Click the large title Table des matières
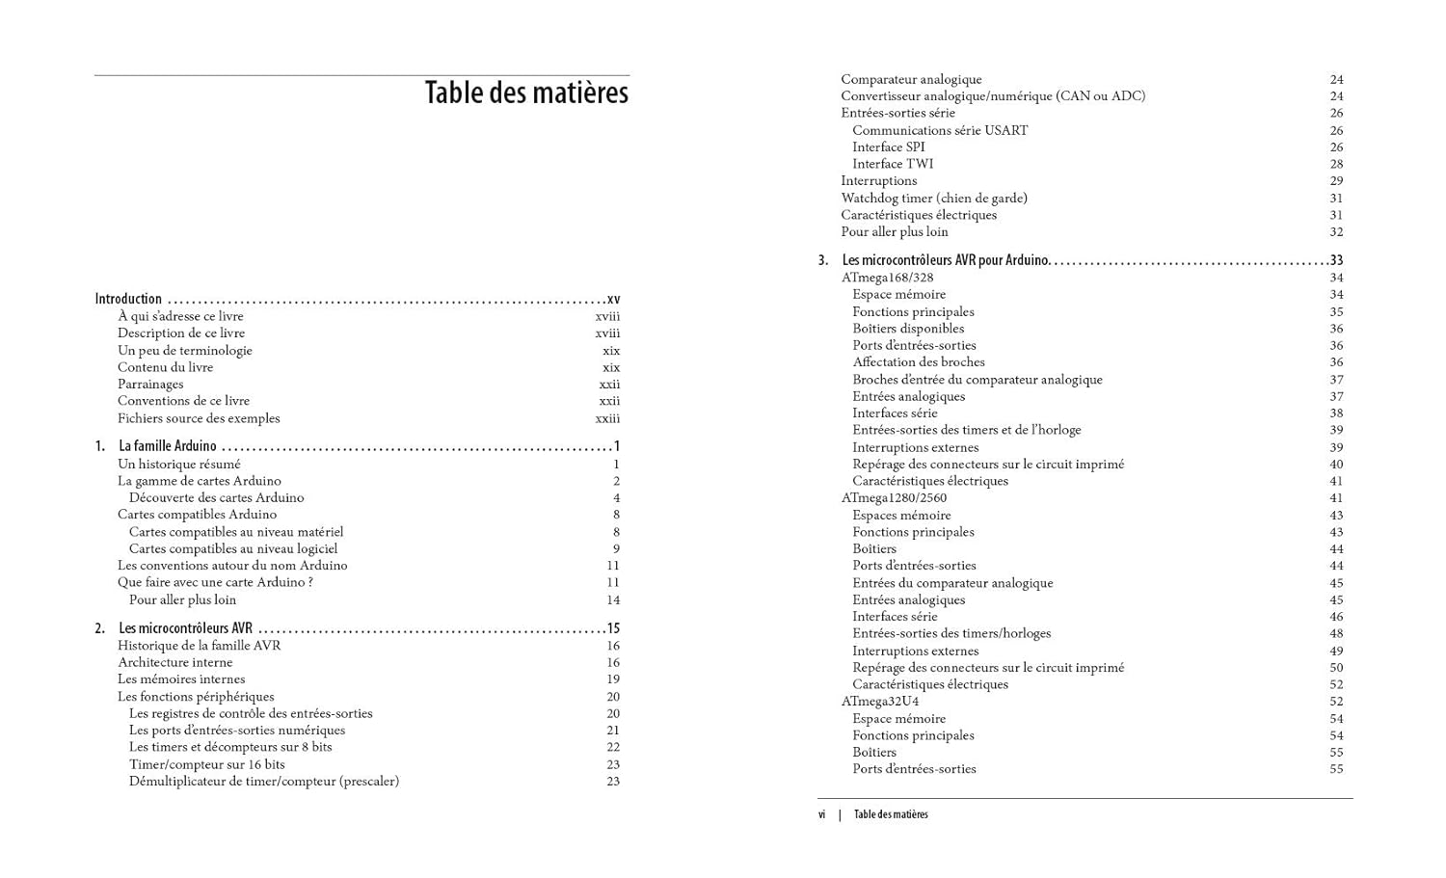(526, 93)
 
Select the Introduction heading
(128, 299)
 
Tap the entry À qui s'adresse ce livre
(180, 316)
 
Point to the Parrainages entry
(150, 384)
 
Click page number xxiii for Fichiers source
(607, 418)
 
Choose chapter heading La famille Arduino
(168, 446)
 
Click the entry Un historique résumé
(179, 464)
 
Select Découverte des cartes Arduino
(216, 497)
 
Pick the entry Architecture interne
(174, 662)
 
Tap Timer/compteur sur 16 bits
(207, 764)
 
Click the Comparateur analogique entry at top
(911, 79)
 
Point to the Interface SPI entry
(888, 146)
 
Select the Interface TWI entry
(893, 164)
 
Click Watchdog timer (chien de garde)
(934, 198)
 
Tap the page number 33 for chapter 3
(1336, 260)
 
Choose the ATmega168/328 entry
(887, 278)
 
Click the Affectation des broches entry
(918, 362)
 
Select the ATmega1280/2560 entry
(894, 498)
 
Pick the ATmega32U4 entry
(879, 702)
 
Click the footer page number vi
(821, 814)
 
